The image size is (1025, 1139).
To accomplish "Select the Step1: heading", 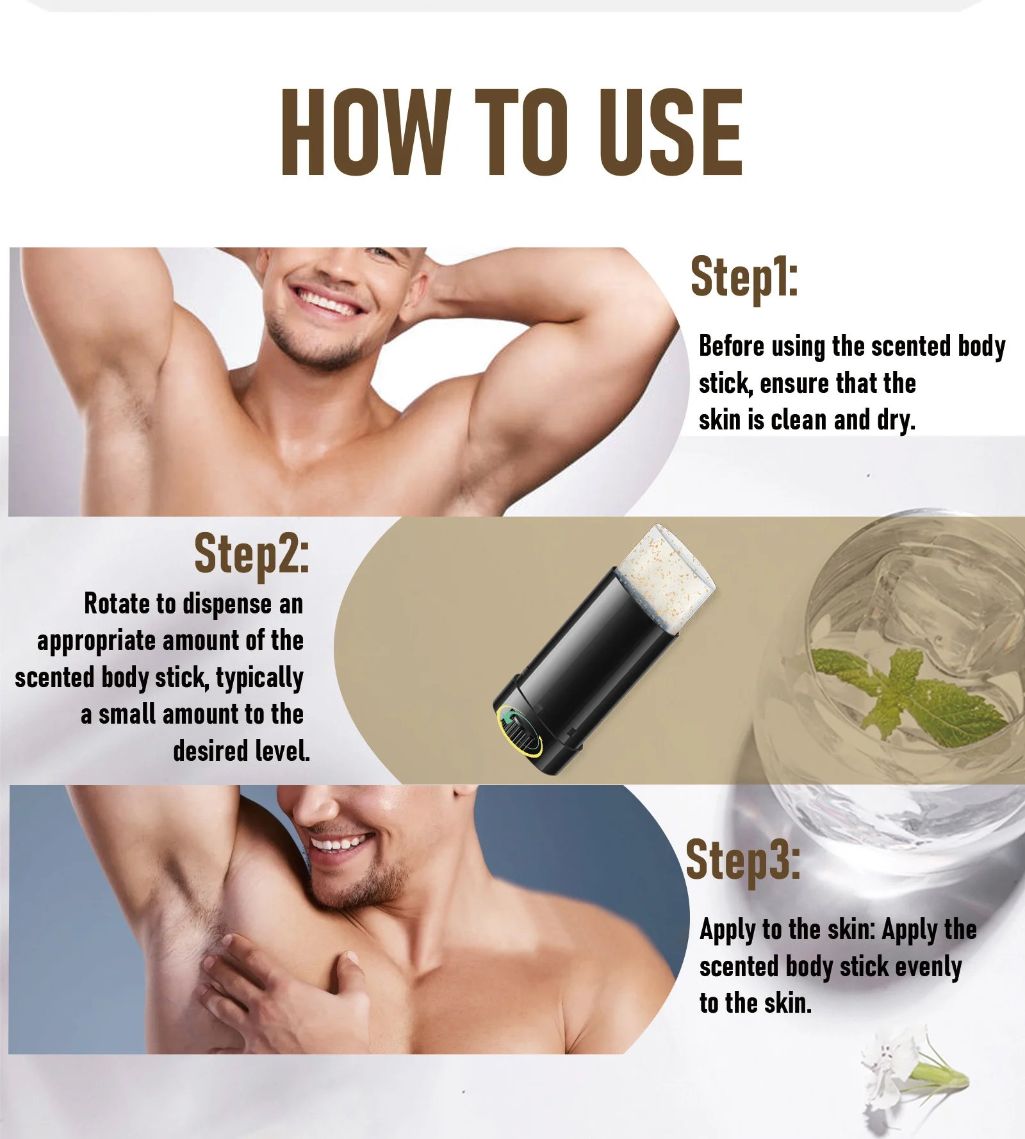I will coord(744,278).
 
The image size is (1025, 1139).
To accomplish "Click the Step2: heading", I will coord(251,554).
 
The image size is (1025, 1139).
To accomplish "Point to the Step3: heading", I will coord(742,861).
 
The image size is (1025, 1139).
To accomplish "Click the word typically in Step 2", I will coord(259,678).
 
